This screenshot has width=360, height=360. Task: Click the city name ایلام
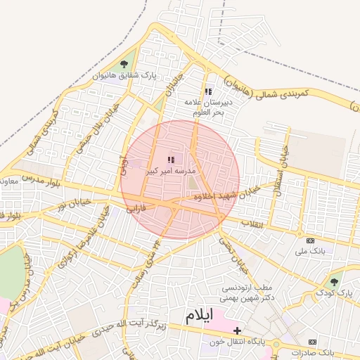(201, 316)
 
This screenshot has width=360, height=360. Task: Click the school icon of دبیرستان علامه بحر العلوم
(207, 91)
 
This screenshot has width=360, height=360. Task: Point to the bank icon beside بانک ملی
(301, 239)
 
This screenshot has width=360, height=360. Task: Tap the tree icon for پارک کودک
(334, 282)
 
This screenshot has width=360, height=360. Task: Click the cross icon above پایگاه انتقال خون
(237, 330)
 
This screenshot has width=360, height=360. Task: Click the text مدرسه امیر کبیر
(171, 171)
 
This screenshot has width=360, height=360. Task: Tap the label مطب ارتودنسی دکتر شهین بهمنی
(248, 292)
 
